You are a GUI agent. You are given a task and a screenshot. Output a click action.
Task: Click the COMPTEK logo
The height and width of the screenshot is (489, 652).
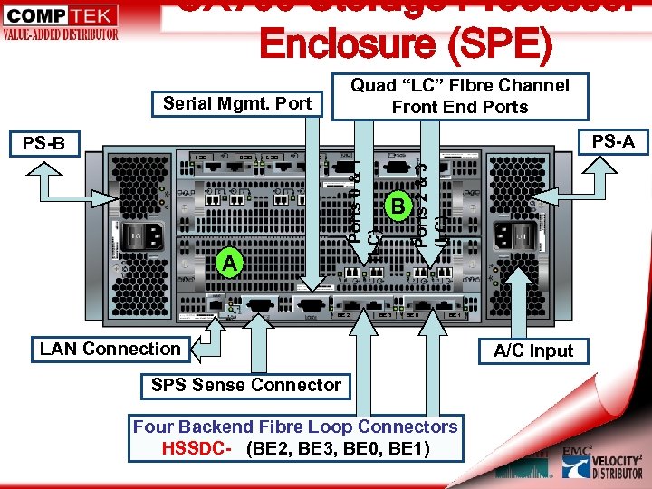pos(60,22)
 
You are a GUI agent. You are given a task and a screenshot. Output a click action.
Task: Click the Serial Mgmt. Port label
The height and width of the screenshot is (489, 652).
pos(237,103)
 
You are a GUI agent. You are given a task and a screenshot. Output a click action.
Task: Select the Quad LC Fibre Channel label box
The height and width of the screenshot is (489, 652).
pos(459,96)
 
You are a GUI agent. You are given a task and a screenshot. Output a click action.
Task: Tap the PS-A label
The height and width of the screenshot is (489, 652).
pos(613,140)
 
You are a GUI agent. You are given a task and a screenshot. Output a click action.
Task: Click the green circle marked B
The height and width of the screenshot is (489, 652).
pos(397,206)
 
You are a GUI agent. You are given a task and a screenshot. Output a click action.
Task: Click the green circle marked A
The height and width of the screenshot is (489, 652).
pos(232,263)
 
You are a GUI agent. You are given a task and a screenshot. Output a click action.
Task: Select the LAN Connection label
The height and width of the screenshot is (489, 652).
pos(110,349)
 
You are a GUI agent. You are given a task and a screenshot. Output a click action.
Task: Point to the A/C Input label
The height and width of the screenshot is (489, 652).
pos(533,350)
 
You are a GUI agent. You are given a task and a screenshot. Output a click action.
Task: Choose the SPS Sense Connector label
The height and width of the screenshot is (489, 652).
pos(246,385)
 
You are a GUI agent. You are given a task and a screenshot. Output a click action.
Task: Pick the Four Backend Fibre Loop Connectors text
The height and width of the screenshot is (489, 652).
pos(295,427)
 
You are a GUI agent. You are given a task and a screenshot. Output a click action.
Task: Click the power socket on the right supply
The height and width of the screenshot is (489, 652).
pos(503,237)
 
